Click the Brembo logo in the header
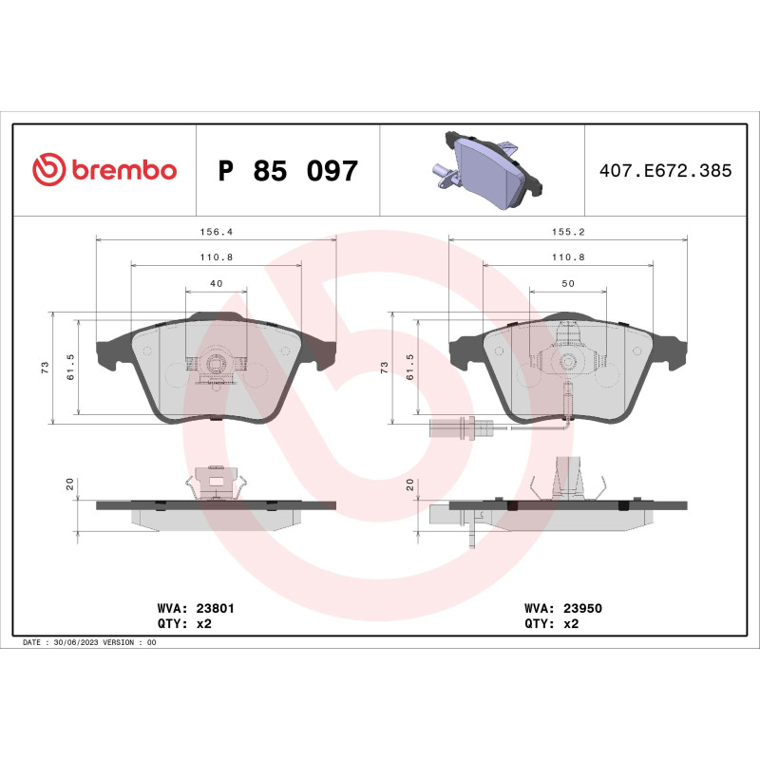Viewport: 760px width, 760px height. (x=104, y=170)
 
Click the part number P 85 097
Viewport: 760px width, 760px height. (x=288, y=171)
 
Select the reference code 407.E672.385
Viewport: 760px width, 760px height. (x=665, y=171)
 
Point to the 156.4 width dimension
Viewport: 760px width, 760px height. (x=216, y=231)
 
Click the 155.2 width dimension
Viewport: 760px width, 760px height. (x=567, y=231)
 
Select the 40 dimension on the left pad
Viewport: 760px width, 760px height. (x=216, y=283)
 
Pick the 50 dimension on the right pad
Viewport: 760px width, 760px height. (x=567, y=283)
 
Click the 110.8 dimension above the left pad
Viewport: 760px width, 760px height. (x=216, y=257)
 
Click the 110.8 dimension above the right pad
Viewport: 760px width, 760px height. (x=567, y=257)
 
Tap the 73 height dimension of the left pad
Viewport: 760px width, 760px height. (x=45, y=368)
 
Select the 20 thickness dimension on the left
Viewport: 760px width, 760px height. (x=70, y=484)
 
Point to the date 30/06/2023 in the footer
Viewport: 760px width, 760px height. (x=75, y=643)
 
